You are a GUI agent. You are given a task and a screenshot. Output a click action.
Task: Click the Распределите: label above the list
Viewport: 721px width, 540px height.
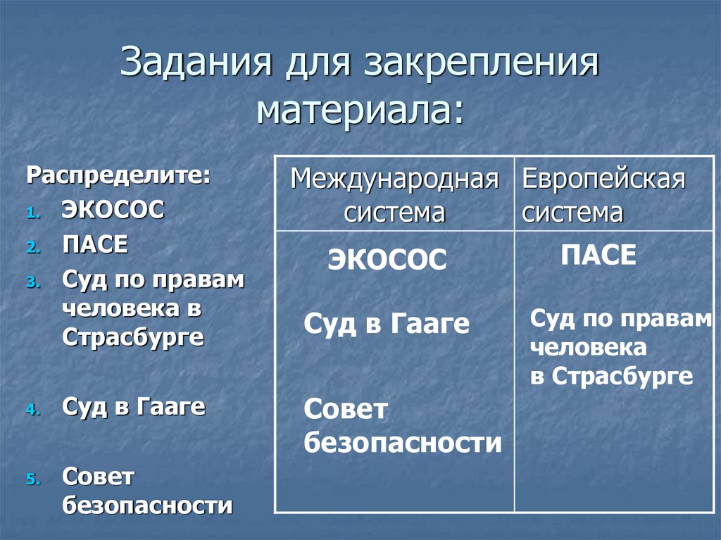pos(118,175)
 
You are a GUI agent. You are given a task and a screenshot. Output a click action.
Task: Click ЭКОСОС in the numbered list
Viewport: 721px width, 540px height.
pos(113,210)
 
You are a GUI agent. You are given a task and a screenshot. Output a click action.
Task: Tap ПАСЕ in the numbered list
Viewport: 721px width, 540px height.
pos(95,245)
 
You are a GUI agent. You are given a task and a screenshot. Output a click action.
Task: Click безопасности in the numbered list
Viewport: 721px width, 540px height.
pos(147,505)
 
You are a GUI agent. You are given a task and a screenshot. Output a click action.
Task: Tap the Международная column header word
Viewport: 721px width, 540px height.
pos(394,179)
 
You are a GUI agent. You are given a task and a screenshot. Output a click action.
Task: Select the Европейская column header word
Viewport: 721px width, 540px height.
pos(603,179)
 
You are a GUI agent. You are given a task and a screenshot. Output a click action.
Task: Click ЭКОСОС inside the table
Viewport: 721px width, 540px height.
pos(387,260)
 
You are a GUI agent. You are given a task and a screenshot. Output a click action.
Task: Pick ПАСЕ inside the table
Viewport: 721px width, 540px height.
pos(598,255)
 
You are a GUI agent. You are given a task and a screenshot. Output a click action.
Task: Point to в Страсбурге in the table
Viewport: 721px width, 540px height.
pos(611,376)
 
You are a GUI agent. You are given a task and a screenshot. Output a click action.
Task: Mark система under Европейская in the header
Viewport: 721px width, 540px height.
pos(572,213)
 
